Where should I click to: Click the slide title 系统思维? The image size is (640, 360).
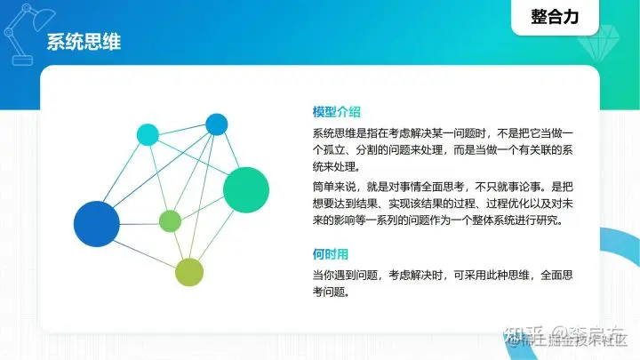coord(84,42)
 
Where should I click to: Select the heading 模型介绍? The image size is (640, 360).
coord(336,112)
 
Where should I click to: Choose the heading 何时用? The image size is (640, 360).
coord(330,253)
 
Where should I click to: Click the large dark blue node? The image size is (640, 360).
coord(96,223)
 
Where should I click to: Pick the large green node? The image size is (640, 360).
coord(246,189)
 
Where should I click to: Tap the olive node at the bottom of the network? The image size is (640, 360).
coord(189,272)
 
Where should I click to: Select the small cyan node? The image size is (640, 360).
coord(148,135)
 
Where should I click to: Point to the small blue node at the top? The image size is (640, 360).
coord(217,124)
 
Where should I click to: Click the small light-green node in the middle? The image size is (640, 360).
coord(170,220)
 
